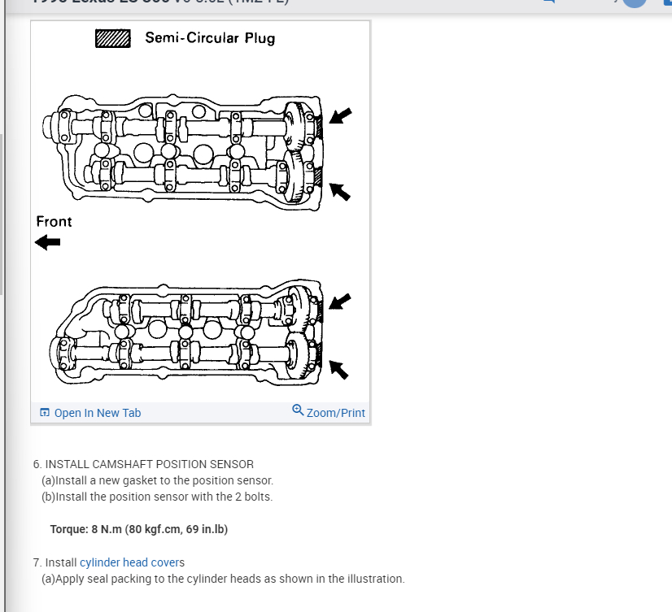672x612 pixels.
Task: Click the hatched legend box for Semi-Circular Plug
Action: pos(113,38)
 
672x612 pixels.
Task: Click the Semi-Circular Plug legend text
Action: pos(210,38)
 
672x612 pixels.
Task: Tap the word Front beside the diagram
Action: pos(54,221)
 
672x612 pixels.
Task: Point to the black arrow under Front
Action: pos(48,242)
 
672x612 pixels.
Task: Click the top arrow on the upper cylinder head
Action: pos(340,115)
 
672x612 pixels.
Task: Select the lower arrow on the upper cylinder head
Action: pos(339,191)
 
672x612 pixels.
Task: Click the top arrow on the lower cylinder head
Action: pos(339,302)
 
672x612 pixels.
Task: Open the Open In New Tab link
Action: pos(97,413)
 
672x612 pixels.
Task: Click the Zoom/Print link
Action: pos(335,413)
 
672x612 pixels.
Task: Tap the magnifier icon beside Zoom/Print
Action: pos(298,410)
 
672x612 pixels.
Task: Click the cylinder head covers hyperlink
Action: pos(133,562)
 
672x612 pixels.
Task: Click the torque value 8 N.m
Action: pos(107,529)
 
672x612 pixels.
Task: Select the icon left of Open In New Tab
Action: pos(45,413)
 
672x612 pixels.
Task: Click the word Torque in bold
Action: pos(68,529)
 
